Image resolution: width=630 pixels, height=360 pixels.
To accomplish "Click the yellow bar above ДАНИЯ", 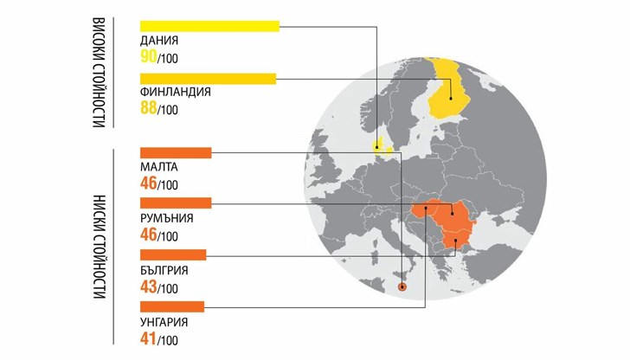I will point(209,26).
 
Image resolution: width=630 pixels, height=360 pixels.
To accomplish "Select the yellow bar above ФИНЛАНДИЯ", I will point(207,80).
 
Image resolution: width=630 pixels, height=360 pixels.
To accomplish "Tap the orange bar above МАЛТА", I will point(175,153).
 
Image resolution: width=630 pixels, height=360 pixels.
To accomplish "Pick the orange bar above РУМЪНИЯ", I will point(175,203).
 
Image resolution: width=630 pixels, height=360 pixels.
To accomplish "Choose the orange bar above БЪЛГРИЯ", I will point(172,254).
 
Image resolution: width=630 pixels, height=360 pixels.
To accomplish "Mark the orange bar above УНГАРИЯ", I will point(171,305).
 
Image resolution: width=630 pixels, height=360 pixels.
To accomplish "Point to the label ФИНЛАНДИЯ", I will point(175,93).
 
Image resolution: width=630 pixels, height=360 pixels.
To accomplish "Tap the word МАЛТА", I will point(159,167).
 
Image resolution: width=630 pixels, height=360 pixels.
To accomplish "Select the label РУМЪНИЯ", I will point(166,218).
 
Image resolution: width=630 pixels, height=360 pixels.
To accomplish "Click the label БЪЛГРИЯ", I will point(164,270).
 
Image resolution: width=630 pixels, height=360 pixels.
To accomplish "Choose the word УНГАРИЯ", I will point(163,321).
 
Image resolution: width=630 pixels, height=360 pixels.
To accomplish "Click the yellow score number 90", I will point(148,57).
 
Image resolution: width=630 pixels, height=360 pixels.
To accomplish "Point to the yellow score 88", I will point(148,109).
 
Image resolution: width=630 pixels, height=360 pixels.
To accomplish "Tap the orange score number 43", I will point(148,286).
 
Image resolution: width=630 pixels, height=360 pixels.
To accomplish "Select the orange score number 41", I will point(148,338).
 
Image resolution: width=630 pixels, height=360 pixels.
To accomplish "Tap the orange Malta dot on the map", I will point(401,287).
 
